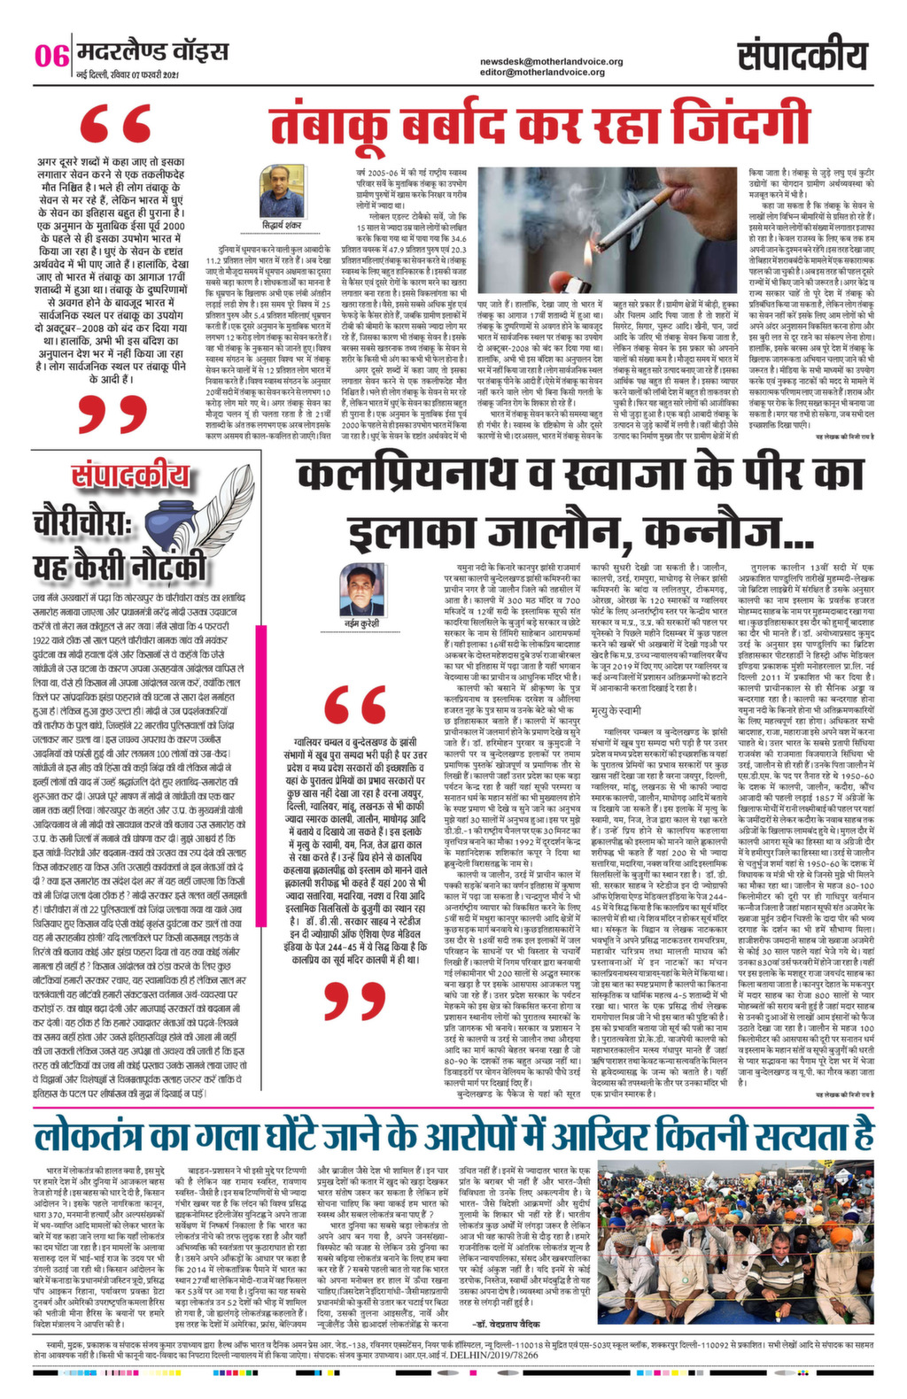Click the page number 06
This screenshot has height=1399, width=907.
pyautogui.click(x=51, y=55)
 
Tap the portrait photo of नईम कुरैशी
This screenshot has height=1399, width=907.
pyautogui.click(x=361, y=588)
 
